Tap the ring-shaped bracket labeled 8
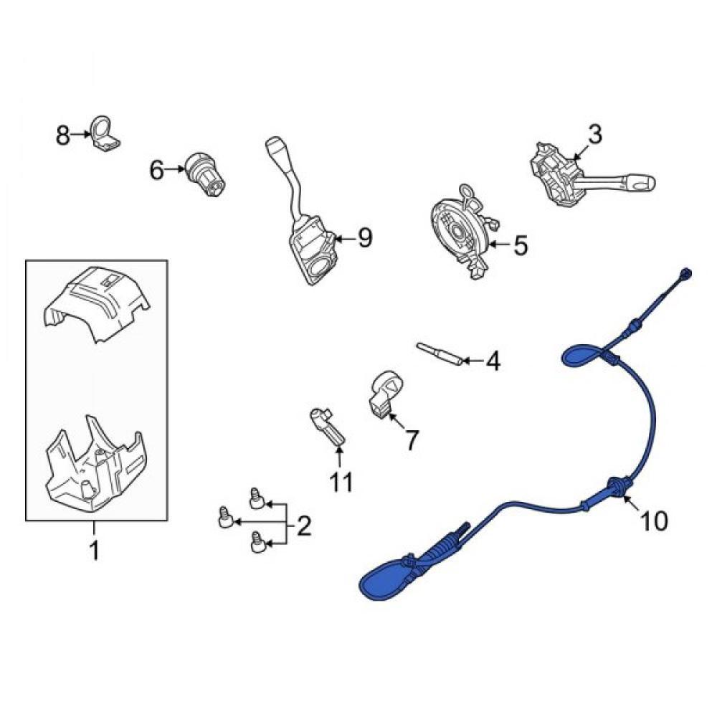click(104, 133)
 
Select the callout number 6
click(156, 171)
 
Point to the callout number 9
click(365, 238)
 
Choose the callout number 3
click(594, 135)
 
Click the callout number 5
click(521, 245)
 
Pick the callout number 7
click(412, 440)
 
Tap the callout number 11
click(341, 482)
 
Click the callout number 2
click(304, 526)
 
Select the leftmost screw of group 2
click(226, 517)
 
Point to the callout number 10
click(655, 521)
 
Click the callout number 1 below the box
click(94, 551)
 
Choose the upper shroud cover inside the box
click(97, 303)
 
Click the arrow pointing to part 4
click(473, 361)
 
